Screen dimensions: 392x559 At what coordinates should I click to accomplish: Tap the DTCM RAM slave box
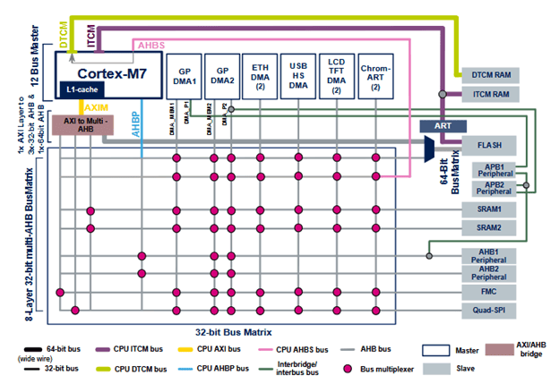pos(489,76)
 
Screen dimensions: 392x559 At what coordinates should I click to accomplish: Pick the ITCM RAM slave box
pos(489,93)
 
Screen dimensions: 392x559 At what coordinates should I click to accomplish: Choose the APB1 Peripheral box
pos(489,169)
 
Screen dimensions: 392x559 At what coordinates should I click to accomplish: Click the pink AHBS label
pos(149,43)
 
